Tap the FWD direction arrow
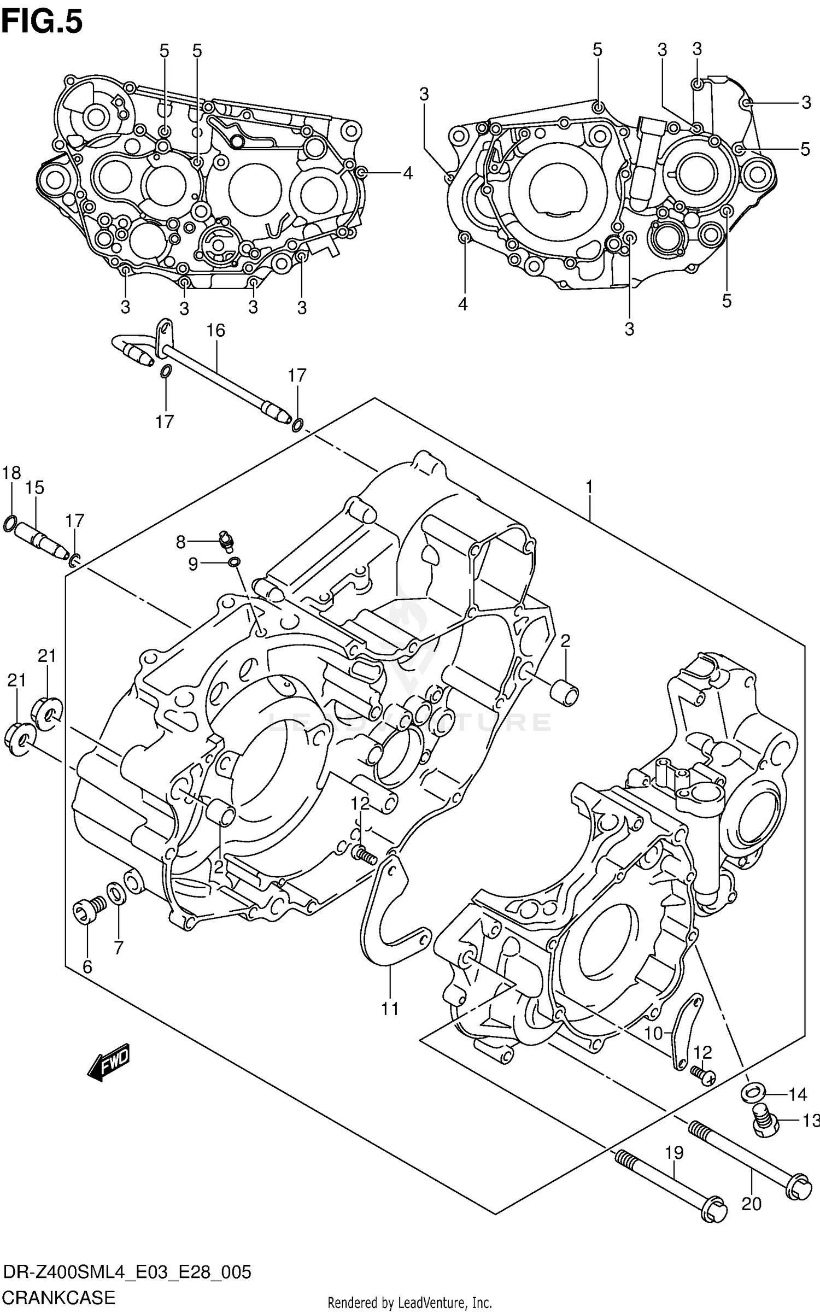(x=110, y=1062)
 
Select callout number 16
(x=215, y=330)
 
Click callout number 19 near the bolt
(x=674, y=1153)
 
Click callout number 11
(x=390, y=1009)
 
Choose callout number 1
(x=589, y=486)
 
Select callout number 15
(x=34, y=488)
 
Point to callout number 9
(x=193, y=564)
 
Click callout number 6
(x=87, y=967)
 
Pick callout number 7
(x=119, y=947)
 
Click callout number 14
(x=798, y=1094)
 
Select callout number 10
(x=653, y=1033)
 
